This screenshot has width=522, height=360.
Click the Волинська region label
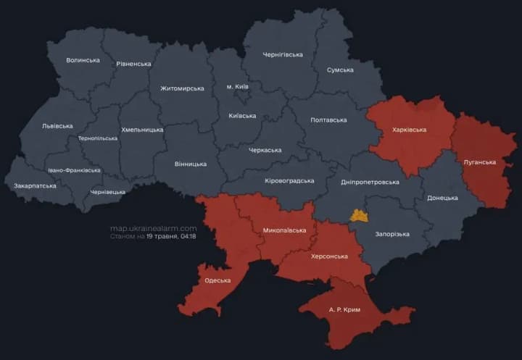[x=83, y=60]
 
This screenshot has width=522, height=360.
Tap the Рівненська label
[x=133, y=64]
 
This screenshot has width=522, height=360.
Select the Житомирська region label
[x=182, y=88]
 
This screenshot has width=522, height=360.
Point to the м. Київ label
[x=237, y=87]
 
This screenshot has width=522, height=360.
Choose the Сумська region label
[x=340, y=70]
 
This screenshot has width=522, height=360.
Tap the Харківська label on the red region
[x=409, y=130]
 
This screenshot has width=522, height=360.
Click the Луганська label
[x=479, y=162]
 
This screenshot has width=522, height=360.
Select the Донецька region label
[x=442, y=198]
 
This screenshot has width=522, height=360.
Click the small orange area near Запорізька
[x=359, y=215]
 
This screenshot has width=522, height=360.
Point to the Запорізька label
[x=392, y=234]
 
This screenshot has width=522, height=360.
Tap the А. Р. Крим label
[x=344, y=309]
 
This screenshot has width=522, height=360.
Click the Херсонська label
[x=329, y=256]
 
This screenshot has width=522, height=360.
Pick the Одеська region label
[x=217, y=280]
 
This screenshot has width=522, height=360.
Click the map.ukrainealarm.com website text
[x=153, y=228]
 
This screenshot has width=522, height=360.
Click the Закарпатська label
[x=35, y=186]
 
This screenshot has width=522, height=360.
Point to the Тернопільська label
[x=97, y=138]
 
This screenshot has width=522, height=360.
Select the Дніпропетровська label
[x=369, y=182]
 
